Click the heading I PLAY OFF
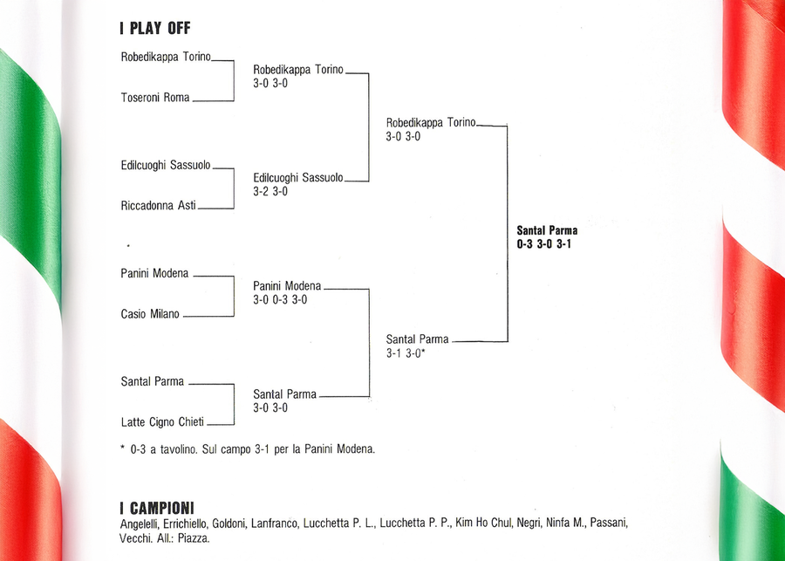154,29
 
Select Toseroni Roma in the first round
154,98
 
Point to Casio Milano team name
149,314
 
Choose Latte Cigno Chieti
162,422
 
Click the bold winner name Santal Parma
547,231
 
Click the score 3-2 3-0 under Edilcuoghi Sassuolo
270,191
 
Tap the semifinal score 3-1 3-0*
406,353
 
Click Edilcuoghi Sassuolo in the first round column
165,165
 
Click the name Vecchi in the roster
135,538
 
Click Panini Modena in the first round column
154,273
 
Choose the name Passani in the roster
609,523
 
